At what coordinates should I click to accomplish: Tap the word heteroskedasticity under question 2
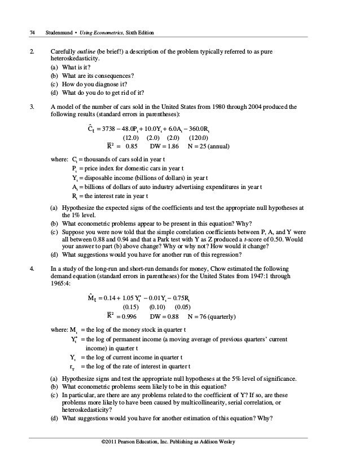coord(74,58)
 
